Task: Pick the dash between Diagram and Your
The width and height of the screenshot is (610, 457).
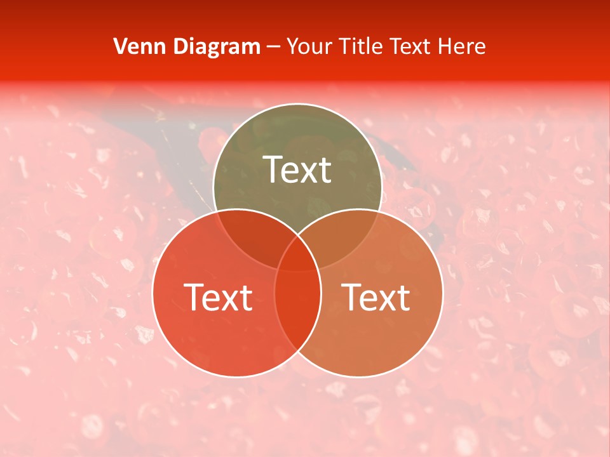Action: coord(273,47)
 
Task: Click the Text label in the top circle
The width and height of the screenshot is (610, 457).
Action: coord(297,170)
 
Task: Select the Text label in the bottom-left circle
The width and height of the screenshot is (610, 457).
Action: coord(218,297)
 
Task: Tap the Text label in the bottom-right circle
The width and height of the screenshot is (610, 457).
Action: coord(376,297)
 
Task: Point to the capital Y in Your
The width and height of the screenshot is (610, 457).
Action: coord(292,46)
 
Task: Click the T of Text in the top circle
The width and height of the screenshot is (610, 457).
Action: coord(272,169)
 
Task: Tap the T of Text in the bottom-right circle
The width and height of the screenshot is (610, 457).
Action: coord(351,296)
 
